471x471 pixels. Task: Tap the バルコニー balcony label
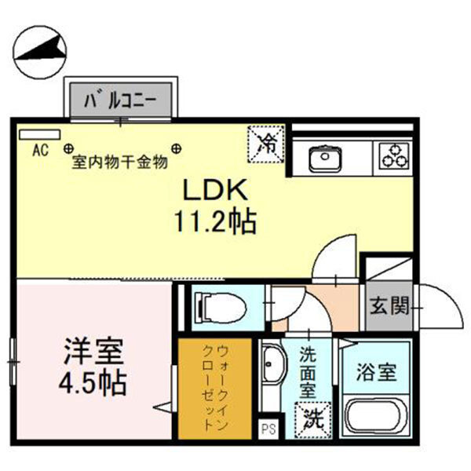125,100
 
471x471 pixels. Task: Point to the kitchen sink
323,159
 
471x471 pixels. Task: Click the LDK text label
215,191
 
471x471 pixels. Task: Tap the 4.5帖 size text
92,385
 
